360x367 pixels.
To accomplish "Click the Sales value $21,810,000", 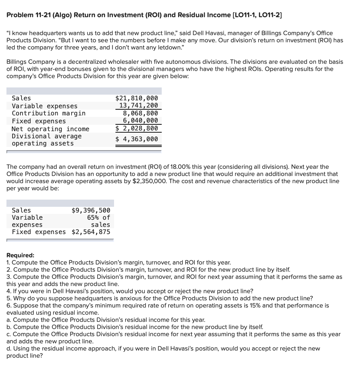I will pos(136,98).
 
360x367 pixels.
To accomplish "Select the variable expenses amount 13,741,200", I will pos(138,106).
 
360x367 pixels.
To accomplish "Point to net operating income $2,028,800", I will pos(136,128).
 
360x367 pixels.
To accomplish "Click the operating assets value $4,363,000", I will pos(136,139).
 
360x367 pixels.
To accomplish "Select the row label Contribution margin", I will pos(49,113).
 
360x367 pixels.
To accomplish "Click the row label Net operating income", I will pos(51,129).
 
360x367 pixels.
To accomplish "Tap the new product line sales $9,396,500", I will pos(91,210).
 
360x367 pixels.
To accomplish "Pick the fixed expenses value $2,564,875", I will pos(91,232).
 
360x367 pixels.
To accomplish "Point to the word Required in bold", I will pos(20,256).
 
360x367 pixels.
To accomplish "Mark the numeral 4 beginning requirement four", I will pos(9,291).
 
